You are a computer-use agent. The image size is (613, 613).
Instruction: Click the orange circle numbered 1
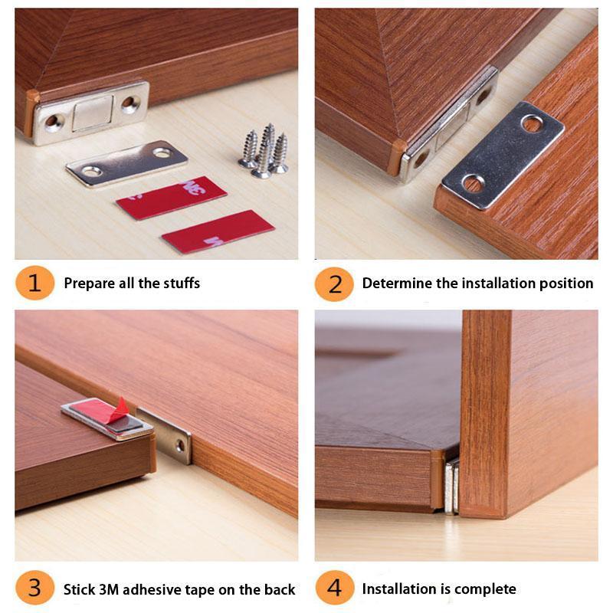(34, 283)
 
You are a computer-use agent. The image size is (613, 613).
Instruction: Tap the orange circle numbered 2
(334, 283)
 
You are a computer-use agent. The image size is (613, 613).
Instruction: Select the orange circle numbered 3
(34, 588)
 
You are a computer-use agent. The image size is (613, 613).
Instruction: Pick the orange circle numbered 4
(334, 588)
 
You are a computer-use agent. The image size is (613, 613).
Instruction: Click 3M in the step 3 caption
(108, 589)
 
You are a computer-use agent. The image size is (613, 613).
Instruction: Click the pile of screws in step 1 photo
(264, 151)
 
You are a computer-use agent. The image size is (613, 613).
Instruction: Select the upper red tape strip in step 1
(171, 198)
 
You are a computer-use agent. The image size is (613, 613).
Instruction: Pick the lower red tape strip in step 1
(218, 231)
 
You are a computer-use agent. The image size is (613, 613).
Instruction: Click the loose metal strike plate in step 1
(126, 162)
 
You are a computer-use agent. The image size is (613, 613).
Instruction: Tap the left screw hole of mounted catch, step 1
(53, 121)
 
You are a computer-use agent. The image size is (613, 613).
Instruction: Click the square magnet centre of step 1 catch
(92, 113)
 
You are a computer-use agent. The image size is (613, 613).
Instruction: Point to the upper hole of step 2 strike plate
(532, 123)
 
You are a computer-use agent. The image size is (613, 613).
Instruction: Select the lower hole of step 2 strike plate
(473, 183)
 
